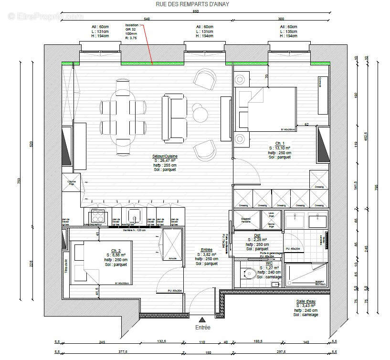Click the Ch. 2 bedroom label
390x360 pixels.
click(116, 251)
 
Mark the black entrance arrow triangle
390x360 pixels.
click(202, 319)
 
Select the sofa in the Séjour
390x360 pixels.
click(175, 117)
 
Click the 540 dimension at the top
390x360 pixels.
click(147, 19)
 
